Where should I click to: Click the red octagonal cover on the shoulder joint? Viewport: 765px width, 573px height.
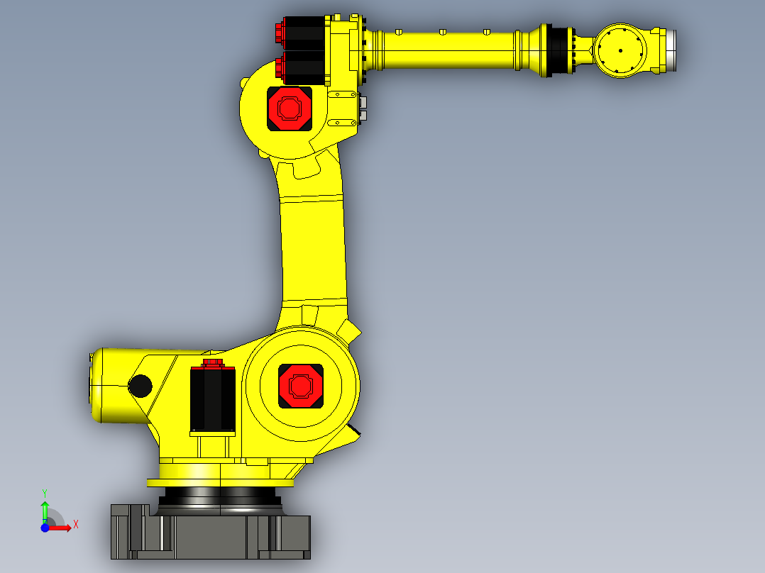click(x=300, y=385)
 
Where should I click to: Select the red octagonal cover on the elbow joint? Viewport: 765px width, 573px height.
click(x=289, y=108)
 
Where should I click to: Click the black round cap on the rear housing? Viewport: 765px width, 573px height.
click(x=140, y=386)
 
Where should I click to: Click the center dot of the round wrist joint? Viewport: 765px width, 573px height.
click(x=620, y=50)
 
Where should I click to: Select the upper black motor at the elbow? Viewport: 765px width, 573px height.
click(x=304, y=33)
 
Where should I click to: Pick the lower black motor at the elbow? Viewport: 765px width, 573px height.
click(x=304, y=67)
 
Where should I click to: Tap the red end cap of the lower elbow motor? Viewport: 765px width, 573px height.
click(x=279, y=67)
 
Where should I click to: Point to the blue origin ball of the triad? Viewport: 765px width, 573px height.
click(x=45, y=528)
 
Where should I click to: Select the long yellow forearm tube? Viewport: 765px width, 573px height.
click(x=447, y=51)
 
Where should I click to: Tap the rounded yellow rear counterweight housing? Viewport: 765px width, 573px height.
click(x=114, y=386)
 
